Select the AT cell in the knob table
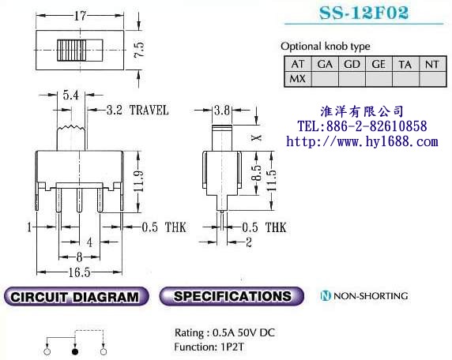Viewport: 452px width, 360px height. click(x=297, y=64)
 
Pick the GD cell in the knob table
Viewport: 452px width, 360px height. click(x=352, y=64)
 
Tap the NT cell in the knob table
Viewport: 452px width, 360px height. click(x=431, y=64)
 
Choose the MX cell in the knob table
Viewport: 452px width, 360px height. click(x=297, y=78)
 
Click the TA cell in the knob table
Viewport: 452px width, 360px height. click(x=405, y=64)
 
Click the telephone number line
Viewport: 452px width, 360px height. click(x=361, y=126)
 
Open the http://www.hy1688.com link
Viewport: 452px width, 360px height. click(x=361, y=141)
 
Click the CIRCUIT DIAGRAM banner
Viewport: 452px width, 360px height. click(x=77, y=298)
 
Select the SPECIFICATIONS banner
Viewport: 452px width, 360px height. click(x=232, y=297)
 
